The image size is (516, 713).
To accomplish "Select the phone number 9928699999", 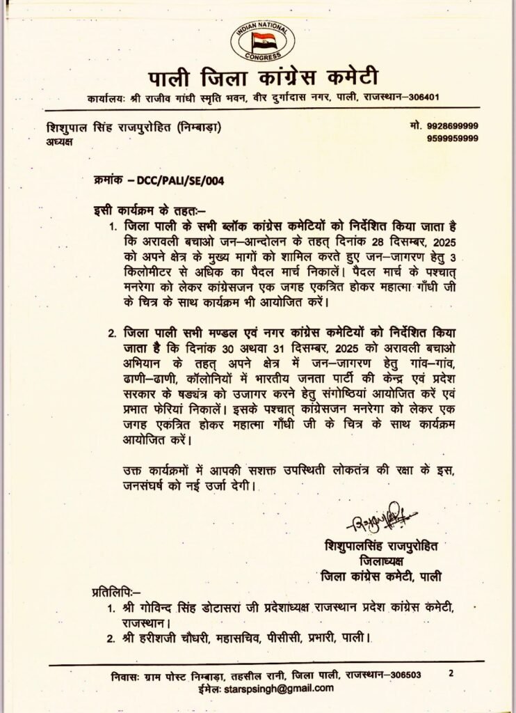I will [452, 127].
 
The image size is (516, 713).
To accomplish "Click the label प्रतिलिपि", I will [115, 593].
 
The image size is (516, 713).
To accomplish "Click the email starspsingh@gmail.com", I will [279, 688].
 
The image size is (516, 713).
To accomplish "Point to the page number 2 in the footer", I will [451, 673].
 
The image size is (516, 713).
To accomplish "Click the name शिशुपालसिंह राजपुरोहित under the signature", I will [382, 543].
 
